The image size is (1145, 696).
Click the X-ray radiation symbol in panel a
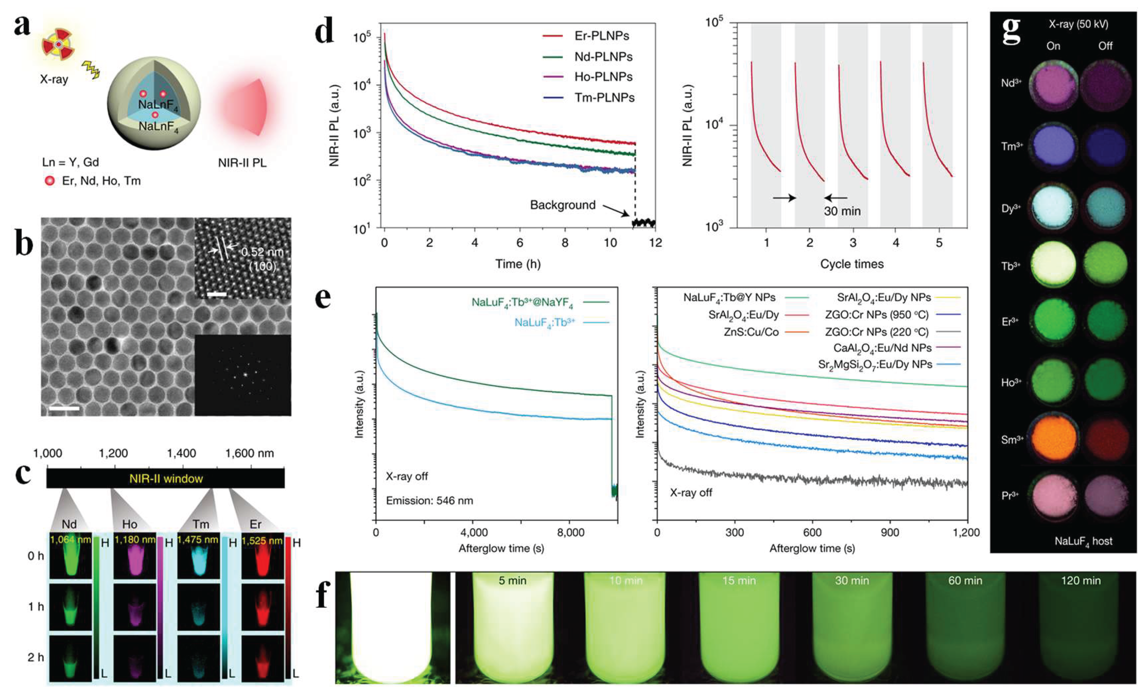coord(59,44)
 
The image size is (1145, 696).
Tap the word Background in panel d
coord(563,205)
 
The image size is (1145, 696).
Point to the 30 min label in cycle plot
coord(842,211)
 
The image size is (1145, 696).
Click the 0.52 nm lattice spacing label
coord(262,252)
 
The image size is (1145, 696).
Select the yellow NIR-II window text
coord(166,478)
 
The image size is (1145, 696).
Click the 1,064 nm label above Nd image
coord(70,540)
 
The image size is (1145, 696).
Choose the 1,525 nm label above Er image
coord(262,540)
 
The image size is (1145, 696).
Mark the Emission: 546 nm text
coord(430,501)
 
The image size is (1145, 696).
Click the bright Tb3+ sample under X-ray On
coord(1053,266)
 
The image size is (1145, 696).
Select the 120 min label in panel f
coord(1081,580)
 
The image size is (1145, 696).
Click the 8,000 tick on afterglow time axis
coord(570,532)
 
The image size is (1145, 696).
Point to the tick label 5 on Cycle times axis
coord(939,243)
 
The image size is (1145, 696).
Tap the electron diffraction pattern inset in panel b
coord(243,375)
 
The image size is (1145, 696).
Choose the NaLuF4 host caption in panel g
coord(1083,541)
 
